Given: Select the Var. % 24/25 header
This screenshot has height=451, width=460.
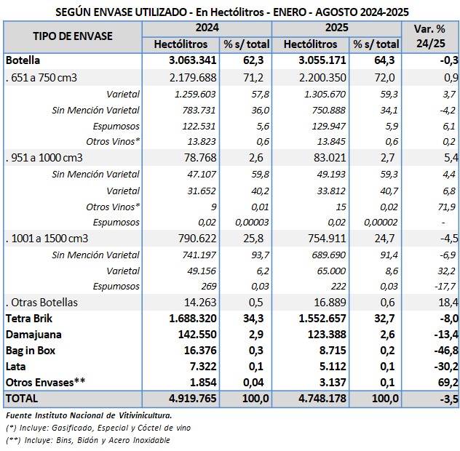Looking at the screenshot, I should coord(430,36).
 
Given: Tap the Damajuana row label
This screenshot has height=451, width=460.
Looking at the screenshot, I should coord(33,334).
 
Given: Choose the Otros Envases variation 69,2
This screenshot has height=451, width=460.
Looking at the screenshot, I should coord(446,382).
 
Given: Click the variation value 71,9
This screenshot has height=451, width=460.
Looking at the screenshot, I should coord(447,206).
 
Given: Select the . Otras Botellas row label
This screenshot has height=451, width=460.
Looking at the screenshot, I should coord(41,302).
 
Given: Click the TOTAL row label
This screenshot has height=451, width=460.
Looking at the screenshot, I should coord(22,399).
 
